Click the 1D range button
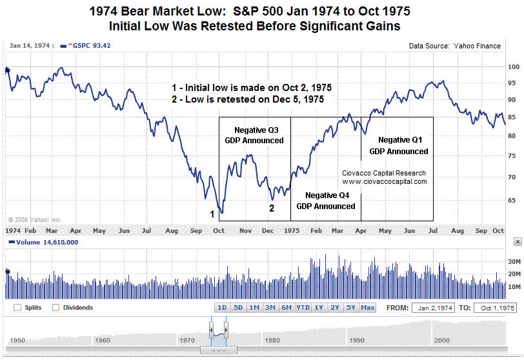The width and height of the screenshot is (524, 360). tap(222, 308)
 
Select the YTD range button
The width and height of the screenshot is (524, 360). tap(303, 308)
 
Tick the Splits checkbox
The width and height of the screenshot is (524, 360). tap(17, 308)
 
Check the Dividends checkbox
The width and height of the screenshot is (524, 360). tap(56, 308)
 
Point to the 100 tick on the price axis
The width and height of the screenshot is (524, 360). tap(514, 66)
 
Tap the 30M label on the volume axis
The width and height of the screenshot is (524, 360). tap(514, 261)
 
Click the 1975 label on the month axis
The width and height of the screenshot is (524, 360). tap(291, 230)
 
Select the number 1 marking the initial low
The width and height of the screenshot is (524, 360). tap(211, 213)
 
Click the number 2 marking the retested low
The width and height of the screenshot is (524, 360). tap(272, 208)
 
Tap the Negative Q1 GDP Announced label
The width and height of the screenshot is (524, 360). tap(399, 146)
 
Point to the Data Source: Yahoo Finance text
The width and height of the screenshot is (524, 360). tap(455, 46)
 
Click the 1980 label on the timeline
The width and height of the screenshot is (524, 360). tap(272, 340)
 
